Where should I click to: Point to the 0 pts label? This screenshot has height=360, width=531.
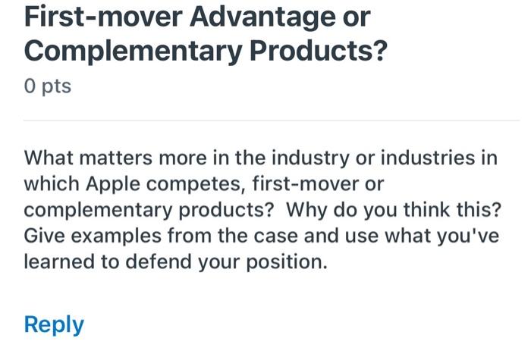(x=47, y=86)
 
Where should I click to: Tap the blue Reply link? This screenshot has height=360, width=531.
(x=54, y=324)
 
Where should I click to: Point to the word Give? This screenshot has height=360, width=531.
(x=43, y=236)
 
